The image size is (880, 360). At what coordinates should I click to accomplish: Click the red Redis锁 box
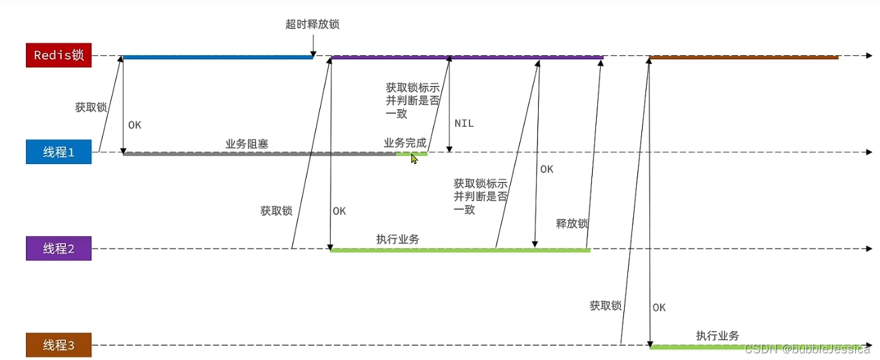pos(58,55)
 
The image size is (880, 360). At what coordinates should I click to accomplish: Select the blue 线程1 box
pos(58,152)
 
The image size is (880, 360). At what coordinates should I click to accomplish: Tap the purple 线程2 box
pos(58,249)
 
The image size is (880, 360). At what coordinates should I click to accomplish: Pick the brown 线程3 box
pos(58,345)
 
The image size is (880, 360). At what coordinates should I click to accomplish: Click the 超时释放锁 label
pos(312,25)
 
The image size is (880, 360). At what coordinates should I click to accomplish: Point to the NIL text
pos(464,123)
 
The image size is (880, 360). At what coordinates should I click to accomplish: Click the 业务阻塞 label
pos(247,143)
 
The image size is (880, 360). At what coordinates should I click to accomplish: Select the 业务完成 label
pos(405,143)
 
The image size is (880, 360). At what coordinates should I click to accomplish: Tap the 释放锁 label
pos(571,224)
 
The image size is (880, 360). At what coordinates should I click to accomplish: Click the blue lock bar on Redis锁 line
pos(217,57)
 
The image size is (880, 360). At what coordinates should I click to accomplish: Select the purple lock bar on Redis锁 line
pos(467,57)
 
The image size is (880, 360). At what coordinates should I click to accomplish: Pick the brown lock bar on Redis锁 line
pos(743,57)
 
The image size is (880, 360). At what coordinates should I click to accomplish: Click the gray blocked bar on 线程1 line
pos(260,154)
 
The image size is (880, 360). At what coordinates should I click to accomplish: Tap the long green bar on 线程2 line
pos(460,250)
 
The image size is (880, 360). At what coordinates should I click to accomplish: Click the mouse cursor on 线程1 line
pos(414,158)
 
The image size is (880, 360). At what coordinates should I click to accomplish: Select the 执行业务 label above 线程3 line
pos(717,335)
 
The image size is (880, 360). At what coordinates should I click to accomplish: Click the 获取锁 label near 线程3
pos(605,305)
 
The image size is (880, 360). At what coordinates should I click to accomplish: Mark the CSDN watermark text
pos(807,349)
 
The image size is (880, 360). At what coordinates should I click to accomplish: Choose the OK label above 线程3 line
pos(659,307)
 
